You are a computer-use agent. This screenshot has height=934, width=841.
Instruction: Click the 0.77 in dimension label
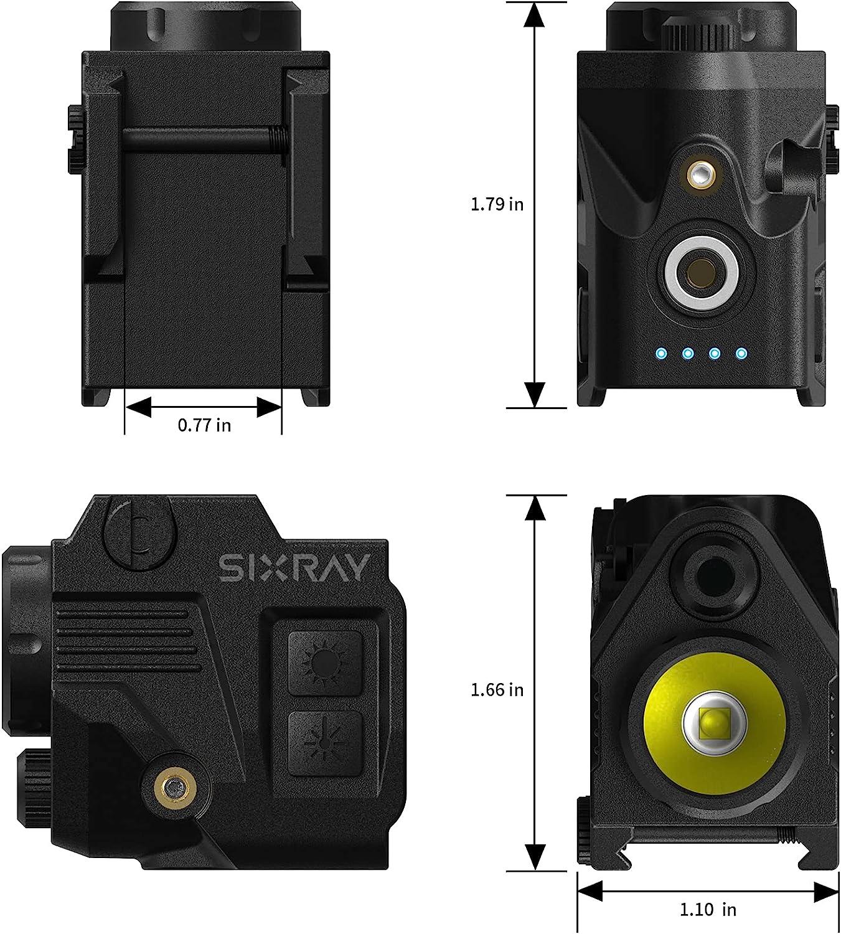tap(204, 425)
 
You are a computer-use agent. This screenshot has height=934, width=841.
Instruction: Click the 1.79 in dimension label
tap(497, 204)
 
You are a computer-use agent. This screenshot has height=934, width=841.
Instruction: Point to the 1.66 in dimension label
tap(497, 690)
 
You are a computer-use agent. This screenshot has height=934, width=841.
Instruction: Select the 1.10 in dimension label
tap(707, 910)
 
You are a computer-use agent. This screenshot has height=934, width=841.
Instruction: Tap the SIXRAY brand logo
tap(294, 568)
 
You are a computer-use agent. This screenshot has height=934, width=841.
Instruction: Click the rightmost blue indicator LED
tap(741, 354)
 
